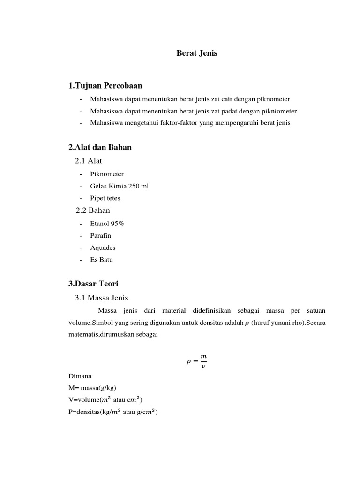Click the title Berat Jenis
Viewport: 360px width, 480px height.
pyautogui.click(x=197, y=53)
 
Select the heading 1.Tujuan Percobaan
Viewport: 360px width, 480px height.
pyautogui.click(x=105, y=85)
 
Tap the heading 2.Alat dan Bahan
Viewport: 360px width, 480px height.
pyautogui.click(x=100, y=147)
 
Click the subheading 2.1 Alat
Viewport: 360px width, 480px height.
pyautogui.click(x=89, y=161)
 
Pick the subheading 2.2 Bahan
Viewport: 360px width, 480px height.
pyautogui.click(x=93, y=210)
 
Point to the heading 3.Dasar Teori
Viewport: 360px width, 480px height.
pyautogui.click(x=93, y=284)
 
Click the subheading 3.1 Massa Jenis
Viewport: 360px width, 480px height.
pyautogui.click(x=101, y=298)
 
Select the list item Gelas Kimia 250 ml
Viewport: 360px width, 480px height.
pyautogui.click(x=119, y=186)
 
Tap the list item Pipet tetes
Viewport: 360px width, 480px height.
pyautogui.click(x=105, y=198)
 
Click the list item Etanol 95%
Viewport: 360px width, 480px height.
pyautogui.click(x=107, y=224)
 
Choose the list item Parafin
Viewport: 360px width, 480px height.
pyautogui.click(x=101, y=235)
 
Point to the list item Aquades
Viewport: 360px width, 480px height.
pyautogui.click(x=103, y=247)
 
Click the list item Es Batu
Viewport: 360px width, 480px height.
pyautogui.click(x=101, y=260)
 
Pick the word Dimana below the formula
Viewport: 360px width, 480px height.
pyautogui.click(x=80, y=376)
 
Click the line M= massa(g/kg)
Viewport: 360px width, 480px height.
pyautogui.click(x=92, y=388)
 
